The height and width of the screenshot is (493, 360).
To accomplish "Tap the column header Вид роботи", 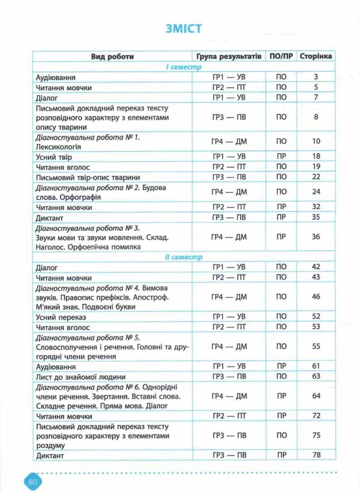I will (x=112, y=56).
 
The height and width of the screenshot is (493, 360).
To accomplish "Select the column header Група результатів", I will (x=229, y=56).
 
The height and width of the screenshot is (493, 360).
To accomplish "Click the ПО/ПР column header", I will (x=282, y=56).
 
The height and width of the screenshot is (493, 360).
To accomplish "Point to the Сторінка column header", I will (x=316, y=56).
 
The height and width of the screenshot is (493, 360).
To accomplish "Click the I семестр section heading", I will (x=183, y=67).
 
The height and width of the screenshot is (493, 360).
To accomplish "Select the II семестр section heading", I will (x=183, y=257).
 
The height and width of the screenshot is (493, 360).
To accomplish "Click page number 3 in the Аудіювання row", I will (x=316, y=77).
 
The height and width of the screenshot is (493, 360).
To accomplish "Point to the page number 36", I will (x=316, y=237).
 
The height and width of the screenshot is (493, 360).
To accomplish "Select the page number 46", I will (x=316, y=297).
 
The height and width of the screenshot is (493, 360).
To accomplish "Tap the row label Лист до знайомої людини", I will (x=80, y=377).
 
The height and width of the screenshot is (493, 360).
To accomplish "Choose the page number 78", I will (x=316, y=455).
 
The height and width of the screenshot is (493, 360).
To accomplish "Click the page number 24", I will (x=316, y=192).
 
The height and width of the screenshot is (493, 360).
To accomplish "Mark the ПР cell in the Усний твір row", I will (x=282, y=157).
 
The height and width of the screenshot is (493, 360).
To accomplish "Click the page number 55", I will (x=316, y=347).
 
